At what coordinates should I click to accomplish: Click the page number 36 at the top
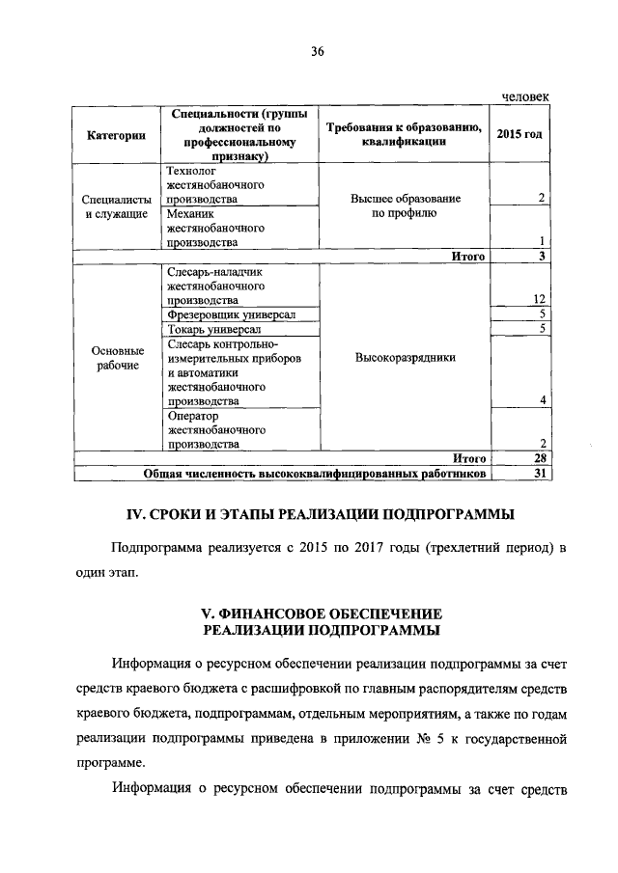[x=317, y=52]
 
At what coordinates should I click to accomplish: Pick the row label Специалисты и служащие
[x=116, y=206]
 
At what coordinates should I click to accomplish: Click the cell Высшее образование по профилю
[x=404, y=206]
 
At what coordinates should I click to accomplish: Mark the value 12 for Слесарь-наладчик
[x=543, y=300]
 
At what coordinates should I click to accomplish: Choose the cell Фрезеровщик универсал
[x=231, y=314]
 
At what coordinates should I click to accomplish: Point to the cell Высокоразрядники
[x=404, y=357]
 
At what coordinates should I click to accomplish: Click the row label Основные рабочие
[x=116, y=358]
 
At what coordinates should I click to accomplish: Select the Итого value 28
[x=543, y=458]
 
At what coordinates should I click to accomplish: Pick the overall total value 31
[x=543, y=474]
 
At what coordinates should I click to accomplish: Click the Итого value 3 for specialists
[x=544, y=256]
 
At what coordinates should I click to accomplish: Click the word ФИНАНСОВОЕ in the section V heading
[x=267, y=613]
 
